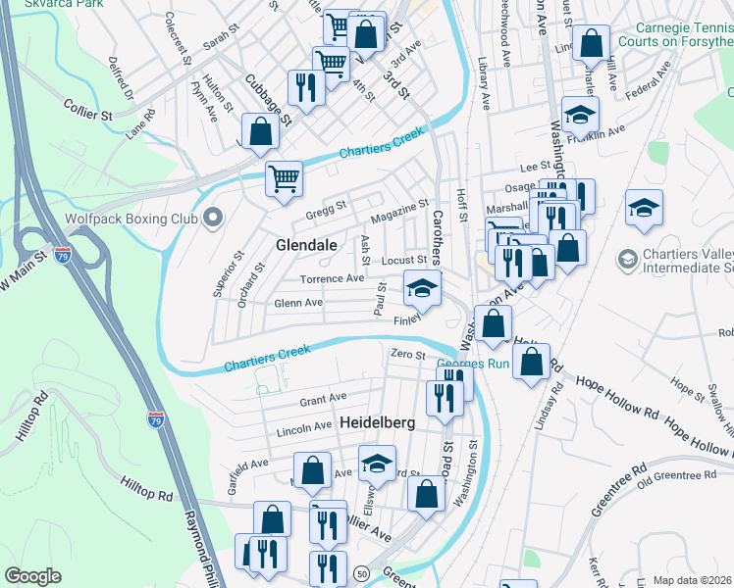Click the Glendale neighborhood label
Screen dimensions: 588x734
coord(306,244)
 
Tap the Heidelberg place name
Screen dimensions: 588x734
coord(378,422)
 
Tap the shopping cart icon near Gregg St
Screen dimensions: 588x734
coord(284,178)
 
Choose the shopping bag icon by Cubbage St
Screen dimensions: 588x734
coord(260,131)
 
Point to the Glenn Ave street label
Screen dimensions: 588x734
coord(298,304)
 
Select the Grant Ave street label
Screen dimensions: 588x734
coord(323,399)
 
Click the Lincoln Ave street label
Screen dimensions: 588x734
coord(304,428)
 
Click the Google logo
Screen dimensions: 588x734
coord(32,576)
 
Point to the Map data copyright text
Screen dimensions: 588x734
coord(693,580)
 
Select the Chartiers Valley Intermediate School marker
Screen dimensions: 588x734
coord(626,260)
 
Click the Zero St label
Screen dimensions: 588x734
coord(407,354)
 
